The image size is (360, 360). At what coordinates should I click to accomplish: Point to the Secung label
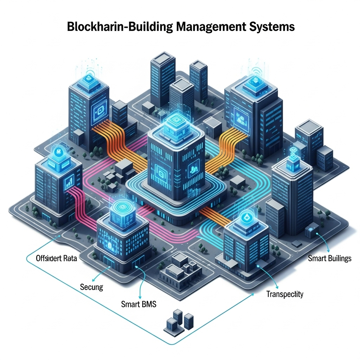(91, 287)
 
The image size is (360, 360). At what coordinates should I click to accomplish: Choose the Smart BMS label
(139, 304)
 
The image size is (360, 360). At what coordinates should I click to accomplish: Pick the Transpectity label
(285, 294)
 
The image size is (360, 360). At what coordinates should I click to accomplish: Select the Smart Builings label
(329, 259)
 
